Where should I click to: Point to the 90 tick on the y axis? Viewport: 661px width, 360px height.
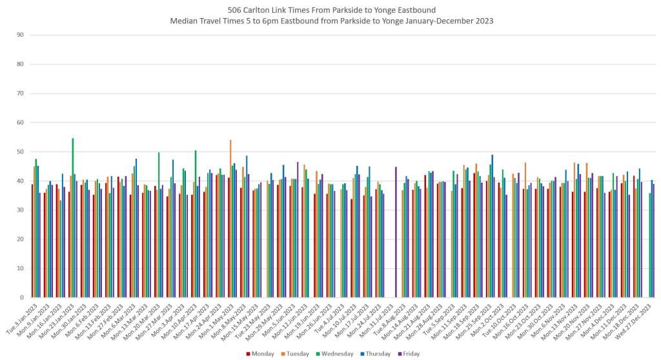click(21, 35)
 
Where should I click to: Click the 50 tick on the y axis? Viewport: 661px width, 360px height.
click(21, 152)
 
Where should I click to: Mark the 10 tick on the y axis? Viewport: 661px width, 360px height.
click(21, 268)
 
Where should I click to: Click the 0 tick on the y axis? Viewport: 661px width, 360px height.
click(22, 297)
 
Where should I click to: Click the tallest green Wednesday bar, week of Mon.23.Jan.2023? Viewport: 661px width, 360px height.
click(72, 217)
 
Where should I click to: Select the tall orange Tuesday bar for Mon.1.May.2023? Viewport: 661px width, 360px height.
click(230, 219)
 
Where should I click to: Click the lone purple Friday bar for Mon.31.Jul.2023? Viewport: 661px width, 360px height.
click(396, 232)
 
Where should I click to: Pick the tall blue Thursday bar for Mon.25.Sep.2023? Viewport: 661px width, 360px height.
click(493, 226)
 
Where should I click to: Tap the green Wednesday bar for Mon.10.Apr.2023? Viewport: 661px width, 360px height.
click(196, 224)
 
